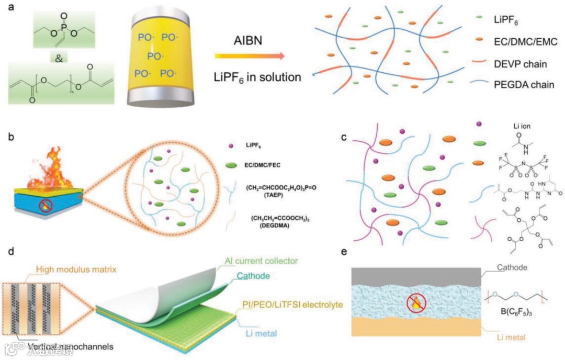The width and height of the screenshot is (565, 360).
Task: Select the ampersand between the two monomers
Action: click(59, 58)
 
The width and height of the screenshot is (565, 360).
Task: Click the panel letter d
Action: click(12, 252)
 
